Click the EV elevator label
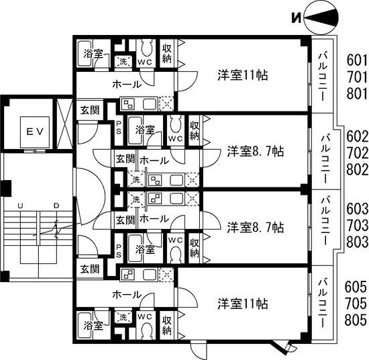click(35, 132)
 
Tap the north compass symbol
click(321, 18)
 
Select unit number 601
click(356, 60)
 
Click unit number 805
click(356, 320)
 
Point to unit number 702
click(357, 153)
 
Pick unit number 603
click(357, 209)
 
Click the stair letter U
click(20, 206)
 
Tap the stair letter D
click(56, 206)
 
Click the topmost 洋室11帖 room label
click(242, 75)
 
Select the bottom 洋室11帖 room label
click(242, 304)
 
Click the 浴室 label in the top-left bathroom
click(93, 54)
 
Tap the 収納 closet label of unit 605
click(166, 325)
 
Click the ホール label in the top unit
click(127, 84)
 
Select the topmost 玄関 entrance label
click(90, 110)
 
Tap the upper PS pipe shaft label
click(119, 127)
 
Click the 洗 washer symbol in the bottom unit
click(123, 318)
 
